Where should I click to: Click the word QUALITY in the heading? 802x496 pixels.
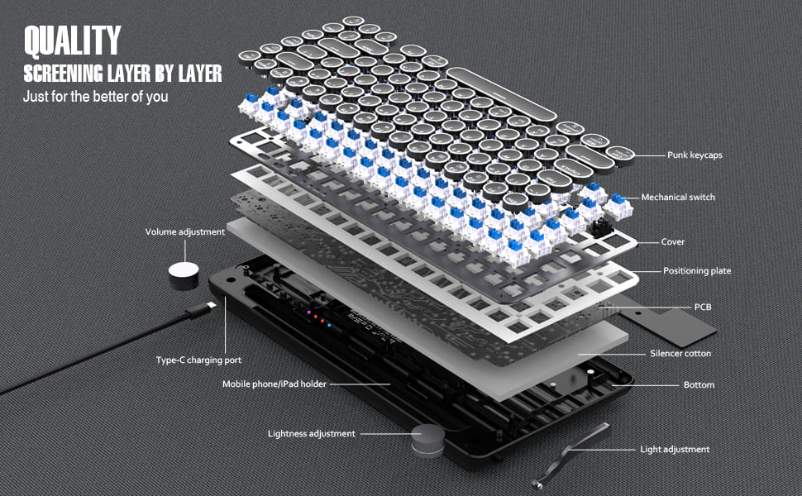73,40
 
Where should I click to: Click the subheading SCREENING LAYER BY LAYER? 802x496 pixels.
122,74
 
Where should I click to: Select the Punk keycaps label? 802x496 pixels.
695,155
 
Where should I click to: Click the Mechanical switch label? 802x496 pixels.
678,198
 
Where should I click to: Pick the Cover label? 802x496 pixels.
672,242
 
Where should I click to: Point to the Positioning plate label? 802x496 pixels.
697,271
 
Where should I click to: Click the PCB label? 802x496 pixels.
702,307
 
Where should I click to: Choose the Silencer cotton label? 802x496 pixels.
680,354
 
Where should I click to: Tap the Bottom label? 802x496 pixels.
699,385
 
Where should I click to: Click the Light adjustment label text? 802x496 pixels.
675,450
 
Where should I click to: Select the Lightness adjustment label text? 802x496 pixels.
311,433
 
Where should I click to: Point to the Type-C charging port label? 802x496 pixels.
198,360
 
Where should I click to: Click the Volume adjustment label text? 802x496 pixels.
184,232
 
